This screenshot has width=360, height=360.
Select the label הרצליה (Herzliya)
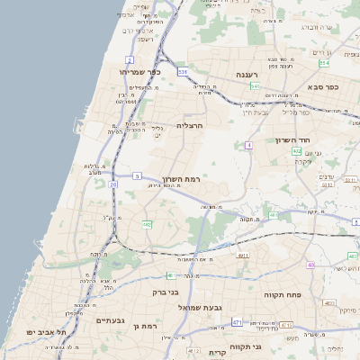click(190, 125)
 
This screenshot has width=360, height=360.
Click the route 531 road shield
click(183, 71)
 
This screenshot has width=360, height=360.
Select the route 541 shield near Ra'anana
click(255, 86)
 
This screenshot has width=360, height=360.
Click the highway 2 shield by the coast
click(130, 58)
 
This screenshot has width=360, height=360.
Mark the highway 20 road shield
click(113, 184)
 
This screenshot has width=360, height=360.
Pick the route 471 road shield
click(237, 321)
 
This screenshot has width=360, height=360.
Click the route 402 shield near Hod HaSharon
click(296, 152)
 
